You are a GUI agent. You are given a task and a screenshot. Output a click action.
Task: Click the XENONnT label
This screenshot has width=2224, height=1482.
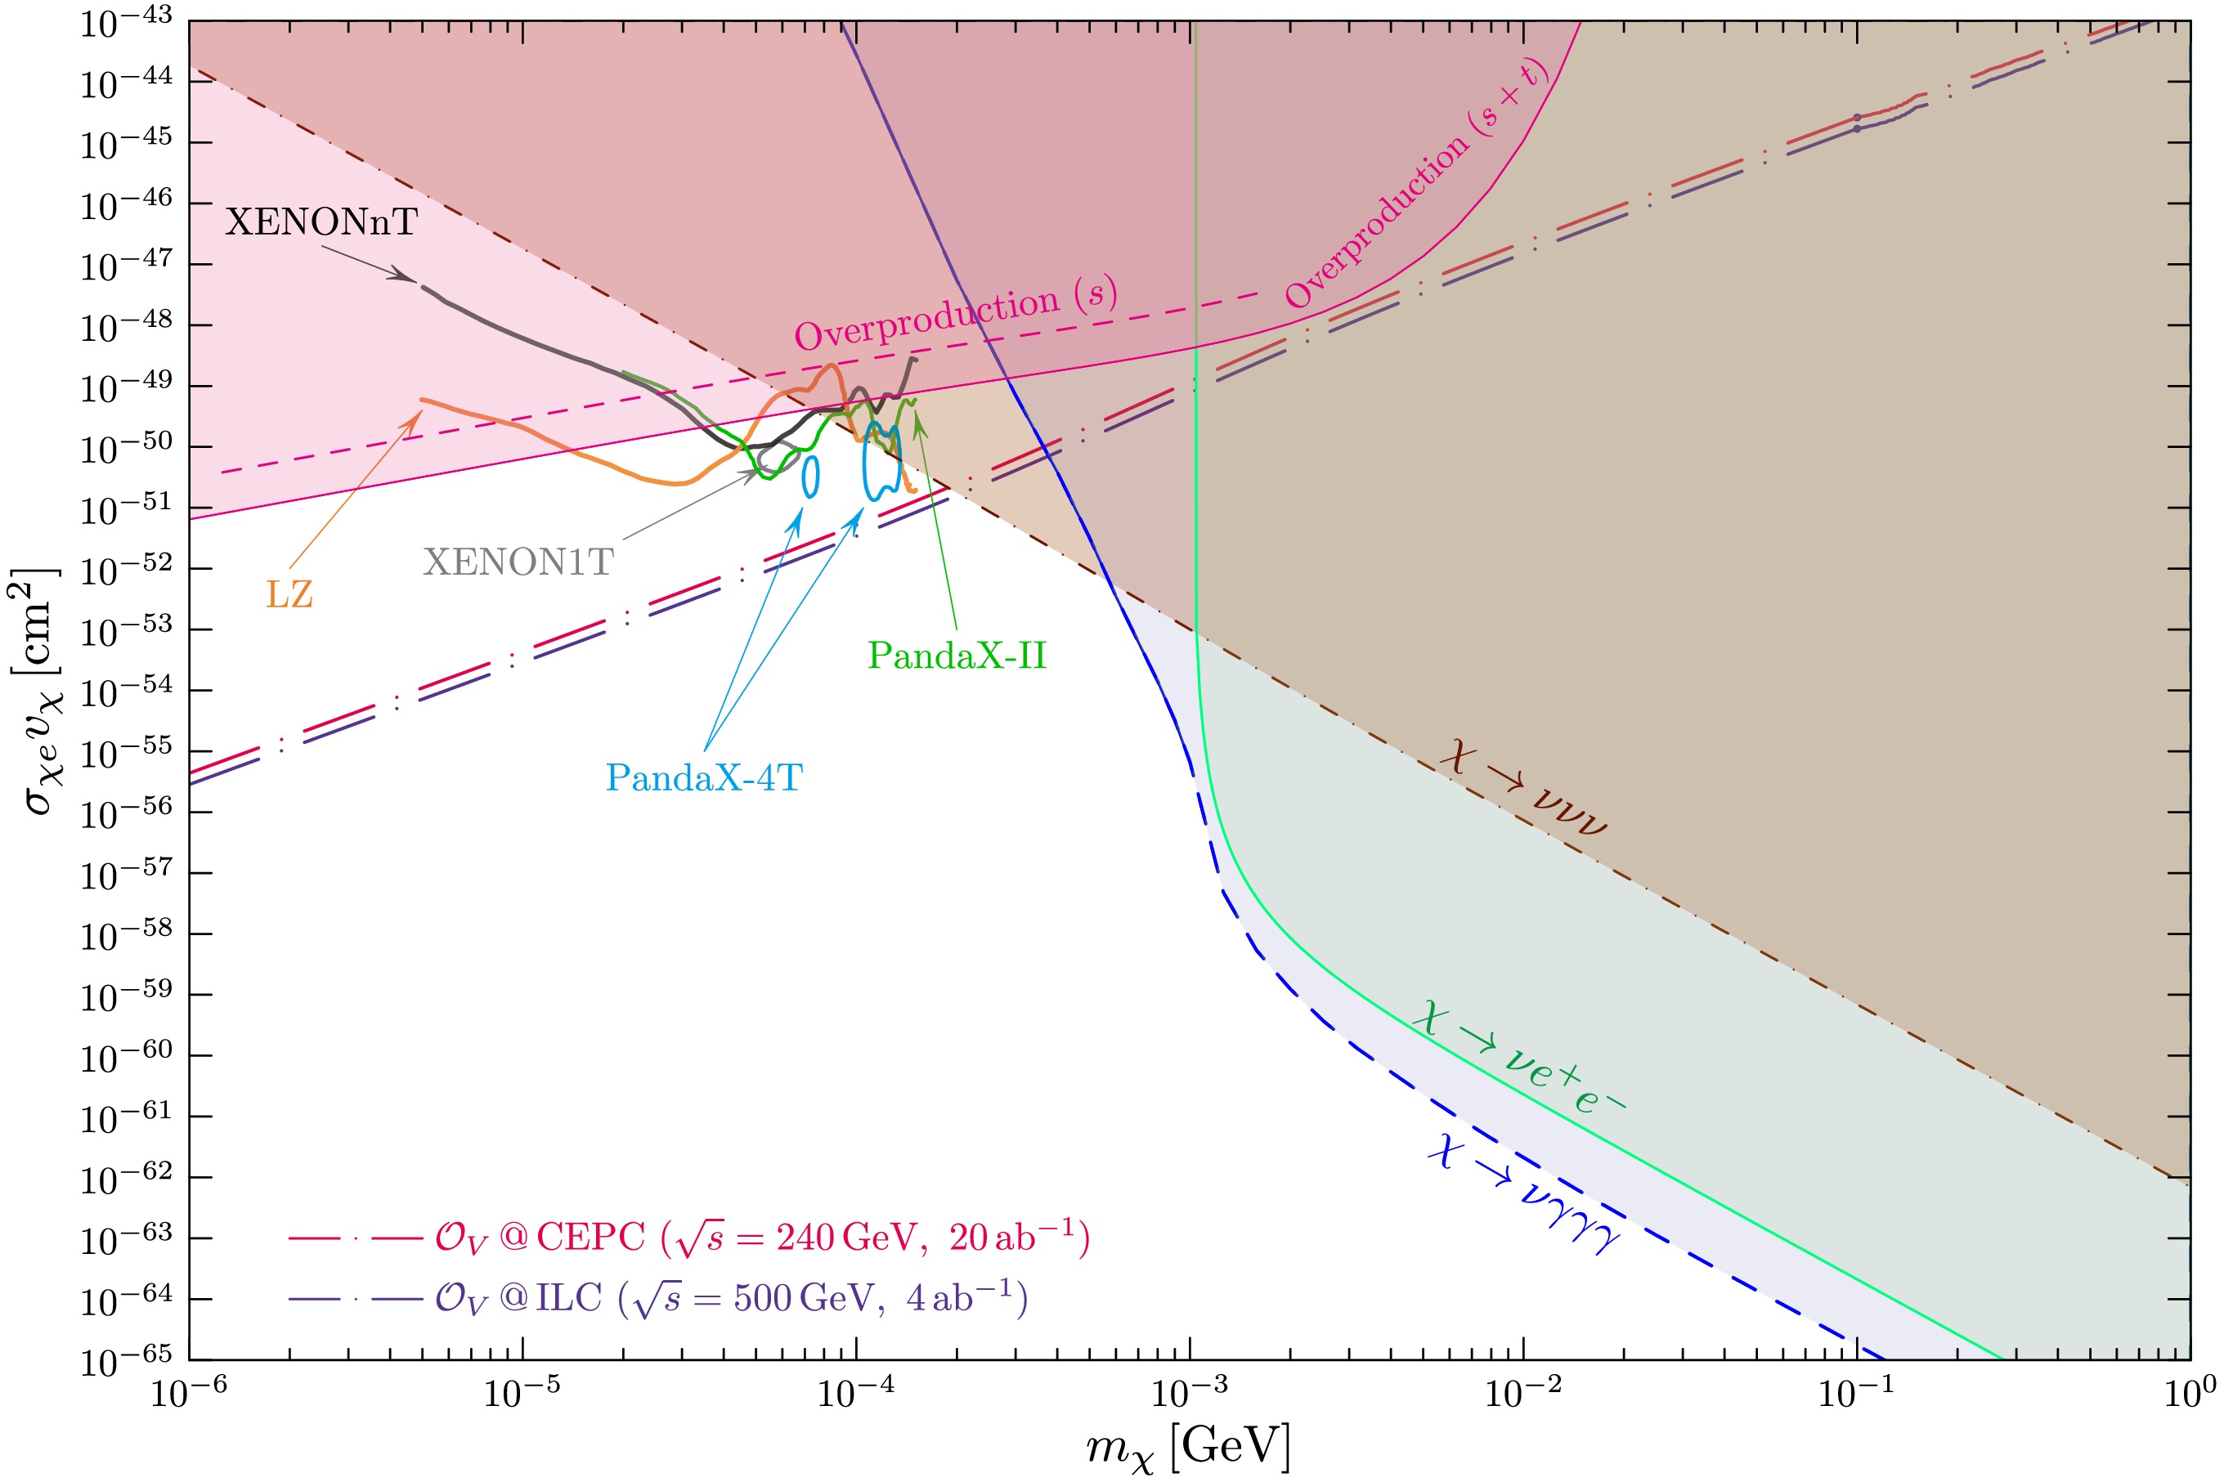pos(321,222)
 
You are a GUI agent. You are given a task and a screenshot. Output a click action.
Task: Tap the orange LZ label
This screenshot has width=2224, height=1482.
pos(289,594)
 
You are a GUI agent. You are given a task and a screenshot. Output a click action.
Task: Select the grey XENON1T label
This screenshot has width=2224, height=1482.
pos(518,562)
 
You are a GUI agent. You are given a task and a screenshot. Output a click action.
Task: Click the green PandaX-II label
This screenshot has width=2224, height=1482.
pos(957,656)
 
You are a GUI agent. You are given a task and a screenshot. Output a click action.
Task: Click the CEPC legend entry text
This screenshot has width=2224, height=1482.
pos(762,1238)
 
